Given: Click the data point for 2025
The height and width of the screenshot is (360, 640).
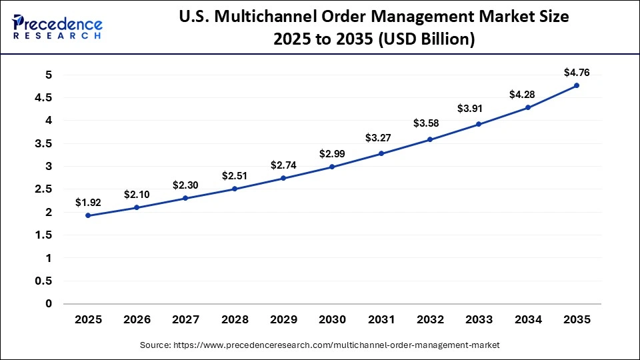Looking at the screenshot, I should [x=88, y=215].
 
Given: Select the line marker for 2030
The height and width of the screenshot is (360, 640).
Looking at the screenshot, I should [x=332, y=167].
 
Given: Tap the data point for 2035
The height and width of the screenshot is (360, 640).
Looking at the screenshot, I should [x=576, y=85].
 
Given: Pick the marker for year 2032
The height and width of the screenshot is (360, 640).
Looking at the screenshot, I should [x=430, y=139].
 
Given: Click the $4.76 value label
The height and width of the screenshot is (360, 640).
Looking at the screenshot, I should [x=576, y=72].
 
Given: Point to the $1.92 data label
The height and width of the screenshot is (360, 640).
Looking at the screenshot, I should [x=88, y=202].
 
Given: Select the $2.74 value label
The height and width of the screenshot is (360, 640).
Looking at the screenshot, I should [x=283, y=165].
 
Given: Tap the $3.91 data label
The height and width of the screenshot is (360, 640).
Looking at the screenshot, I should [x=479, y=108].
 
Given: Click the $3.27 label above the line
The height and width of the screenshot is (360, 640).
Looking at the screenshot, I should [x=381, y=138].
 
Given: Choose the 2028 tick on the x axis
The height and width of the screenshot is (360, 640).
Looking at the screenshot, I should [x=235, y=320].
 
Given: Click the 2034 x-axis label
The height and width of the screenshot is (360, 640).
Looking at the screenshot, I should [x=527, y=320].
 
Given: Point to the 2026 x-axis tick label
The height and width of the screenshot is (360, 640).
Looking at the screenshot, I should [x=137, y=320].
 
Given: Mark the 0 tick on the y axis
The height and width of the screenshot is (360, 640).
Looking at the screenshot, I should [x=48, y=304].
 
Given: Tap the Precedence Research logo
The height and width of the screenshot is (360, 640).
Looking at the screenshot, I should [x=57, y=27].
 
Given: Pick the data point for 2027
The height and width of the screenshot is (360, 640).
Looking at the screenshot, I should [x=185, y=198].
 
